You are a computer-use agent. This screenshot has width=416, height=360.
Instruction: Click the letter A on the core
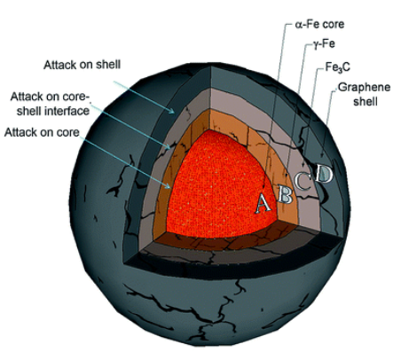pos(263,203)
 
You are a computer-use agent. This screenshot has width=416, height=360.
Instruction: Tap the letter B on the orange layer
pos(285,194)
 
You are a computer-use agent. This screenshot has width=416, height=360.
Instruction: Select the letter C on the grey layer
pos(303,181)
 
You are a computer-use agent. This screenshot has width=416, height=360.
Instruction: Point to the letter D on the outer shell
pos(324,174)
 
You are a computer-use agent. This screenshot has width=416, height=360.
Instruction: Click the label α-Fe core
pos(319,24)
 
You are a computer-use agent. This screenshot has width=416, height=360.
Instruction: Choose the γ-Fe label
pos(324,44)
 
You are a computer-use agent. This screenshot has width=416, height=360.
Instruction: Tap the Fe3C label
pos(337,67)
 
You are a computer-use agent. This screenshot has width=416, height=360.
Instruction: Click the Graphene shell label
pos(364,94)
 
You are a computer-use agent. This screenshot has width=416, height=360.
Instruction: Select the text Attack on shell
pos(82,65)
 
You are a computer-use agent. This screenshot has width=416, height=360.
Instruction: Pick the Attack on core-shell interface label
pos(50,104)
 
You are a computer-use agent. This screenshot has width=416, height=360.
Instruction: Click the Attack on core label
pos(42,132)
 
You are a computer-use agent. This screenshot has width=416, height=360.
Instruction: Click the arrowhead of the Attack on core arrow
pos(168,186)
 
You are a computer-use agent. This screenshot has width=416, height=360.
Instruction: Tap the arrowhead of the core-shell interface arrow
pos(168,146)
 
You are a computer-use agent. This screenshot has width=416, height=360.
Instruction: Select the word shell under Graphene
pos(365,101)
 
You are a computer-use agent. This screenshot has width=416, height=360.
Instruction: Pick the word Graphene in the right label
pos(364,88)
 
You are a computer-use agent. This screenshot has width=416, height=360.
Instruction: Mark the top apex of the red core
pos(209,129)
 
